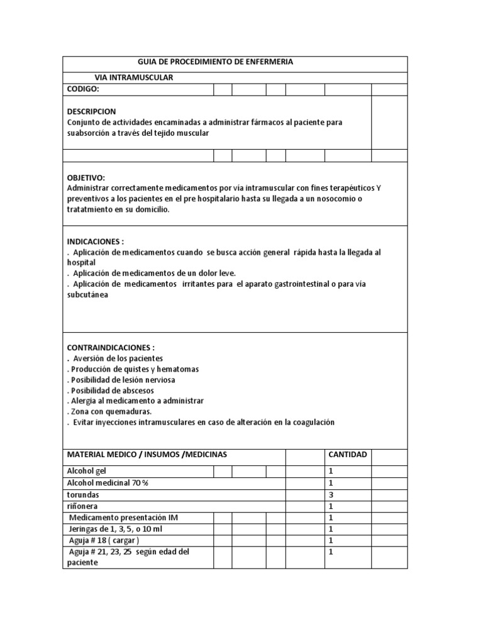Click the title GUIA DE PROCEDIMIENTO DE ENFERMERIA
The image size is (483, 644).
[x=216, y=62]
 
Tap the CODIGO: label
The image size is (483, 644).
[x=84, y=89]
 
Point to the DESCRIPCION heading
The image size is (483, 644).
[x=91, y=111]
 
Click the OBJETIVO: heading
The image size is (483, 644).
[x=86, y=178]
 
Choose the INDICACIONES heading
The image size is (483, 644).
[x=96, y=241]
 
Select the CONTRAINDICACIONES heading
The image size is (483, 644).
[x=111, y=347]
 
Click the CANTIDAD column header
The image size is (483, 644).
[x=348, y=455]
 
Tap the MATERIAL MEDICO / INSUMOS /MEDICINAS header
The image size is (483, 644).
[x=147, y=455]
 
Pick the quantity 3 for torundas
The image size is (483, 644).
[x=331, y=494]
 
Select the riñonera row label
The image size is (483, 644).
[x=82, y=506]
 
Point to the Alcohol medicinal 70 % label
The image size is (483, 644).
[x=108, y=483]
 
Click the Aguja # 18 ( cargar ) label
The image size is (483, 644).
[x=104, y=540]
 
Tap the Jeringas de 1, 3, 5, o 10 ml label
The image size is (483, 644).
[x=115, y=529]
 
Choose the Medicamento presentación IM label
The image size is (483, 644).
[x=119, y=518]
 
